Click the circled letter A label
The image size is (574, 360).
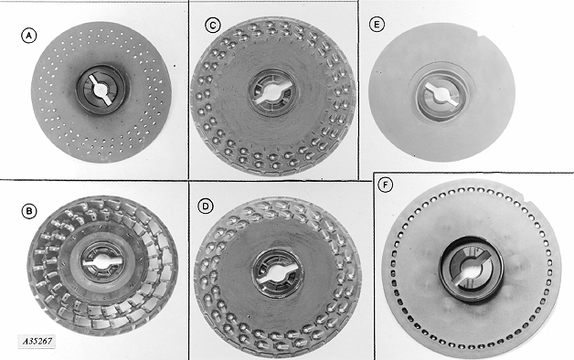29,36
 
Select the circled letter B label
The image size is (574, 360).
29,211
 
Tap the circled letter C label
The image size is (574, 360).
213,26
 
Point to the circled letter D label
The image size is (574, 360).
206,206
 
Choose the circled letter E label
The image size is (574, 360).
377,25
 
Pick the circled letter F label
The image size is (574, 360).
385,185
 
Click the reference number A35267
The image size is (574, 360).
37,342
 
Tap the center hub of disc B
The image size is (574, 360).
100,261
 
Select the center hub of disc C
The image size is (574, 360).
271,92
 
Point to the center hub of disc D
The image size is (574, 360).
278,272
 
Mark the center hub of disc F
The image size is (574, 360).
472,270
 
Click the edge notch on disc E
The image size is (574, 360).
481,36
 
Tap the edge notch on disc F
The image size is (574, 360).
528,201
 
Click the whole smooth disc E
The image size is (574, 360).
441,92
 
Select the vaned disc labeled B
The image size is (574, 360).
102,265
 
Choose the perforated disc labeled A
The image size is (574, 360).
101,91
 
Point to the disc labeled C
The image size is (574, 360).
273,95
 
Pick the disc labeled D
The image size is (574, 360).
278,277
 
